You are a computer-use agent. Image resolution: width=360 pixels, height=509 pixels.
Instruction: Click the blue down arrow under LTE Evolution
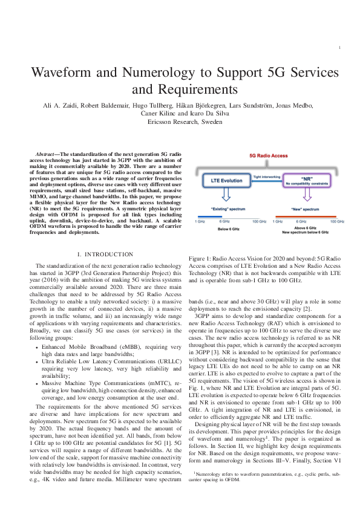point(224,195)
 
